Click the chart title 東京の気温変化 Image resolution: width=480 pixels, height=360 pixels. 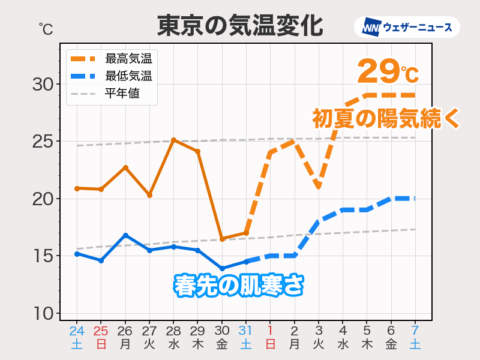tap(240, 26)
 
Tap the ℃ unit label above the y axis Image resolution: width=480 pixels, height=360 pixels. tap(46, 28)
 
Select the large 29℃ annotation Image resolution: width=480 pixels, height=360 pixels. tap(387, 72)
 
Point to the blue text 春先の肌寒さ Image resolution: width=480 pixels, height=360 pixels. tap(238, 284)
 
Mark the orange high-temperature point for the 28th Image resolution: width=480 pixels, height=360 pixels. tap(173, 140)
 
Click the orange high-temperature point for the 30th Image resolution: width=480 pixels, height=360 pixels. tap(222, 239)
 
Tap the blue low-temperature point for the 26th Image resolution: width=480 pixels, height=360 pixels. tap(125, 235)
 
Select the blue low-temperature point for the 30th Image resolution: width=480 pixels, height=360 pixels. tap(222, 268)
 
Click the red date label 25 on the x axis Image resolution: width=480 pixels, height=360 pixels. tap(101, 331)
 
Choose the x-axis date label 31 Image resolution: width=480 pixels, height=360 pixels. tap(246, 331)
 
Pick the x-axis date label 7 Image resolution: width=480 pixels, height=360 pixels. tap(415, 331)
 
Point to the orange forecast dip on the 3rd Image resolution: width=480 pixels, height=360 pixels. tap(319, 187)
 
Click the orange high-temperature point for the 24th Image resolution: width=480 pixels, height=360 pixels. tap(77, 188)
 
